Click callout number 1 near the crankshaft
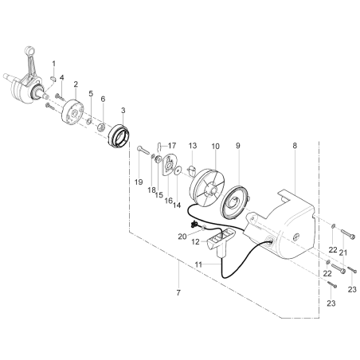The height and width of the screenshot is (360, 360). (53, 63)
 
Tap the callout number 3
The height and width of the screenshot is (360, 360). (123, 109)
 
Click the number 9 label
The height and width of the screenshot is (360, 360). (237, 146)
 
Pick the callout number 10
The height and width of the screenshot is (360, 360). (215, 146)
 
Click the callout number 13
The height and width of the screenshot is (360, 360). (193, 146)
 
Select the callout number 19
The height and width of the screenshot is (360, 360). (139, 182)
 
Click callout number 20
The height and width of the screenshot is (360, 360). (182, 237)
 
